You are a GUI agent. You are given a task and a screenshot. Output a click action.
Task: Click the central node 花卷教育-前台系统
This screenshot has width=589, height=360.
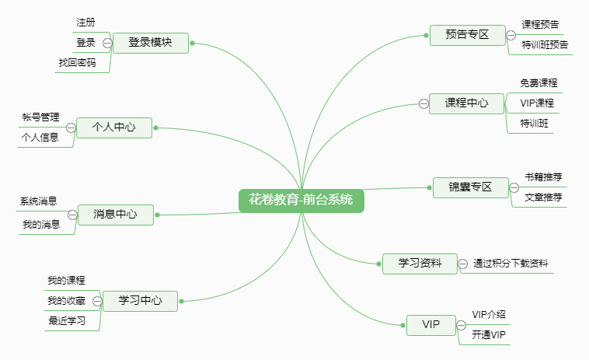(x=301, y=200)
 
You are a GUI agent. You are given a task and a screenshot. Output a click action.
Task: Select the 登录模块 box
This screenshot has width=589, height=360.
(x=150, y=43)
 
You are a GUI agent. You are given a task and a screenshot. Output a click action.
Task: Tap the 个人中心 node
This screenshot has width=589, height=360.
(x=113, y=128)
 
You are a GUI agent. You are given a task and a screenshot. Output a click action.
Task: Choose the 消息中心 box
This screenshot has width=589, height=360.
(x=115, y=214)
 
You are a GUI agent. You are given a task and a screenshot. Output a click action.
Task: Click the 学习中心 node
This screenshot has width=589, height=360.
(x=140, y=300)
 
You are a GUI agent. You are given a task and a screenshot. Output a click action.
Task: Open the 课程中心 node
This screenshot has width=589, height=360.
(x=466, y=103)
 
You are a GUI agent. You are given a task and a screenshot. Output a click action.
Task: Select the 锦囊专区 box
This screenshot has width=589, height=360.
(x=471, y=187)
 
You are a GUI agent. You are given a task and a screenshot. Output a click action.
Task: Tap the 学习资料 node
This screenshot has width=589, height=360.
(x=420, y=264)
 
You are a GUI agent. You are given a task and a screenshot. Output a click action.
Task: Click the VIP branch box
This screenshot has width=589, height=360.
(x=430, y=324)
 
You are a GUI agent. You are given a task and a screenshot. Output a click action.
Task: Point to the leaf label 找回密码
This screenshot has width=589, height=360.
(x=77, y=63)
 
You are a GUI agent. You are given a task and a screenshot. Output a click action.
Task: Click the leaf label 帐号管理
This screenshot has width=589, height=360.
(x=40, y=117)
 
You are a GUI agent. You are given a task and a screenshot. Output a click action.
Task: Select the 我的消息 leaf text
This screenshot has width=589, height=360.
(x=41, y=224)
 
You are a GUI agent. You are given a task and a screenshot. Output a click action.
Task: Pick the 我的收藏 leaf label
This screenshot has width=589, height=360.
(x=66, y=300)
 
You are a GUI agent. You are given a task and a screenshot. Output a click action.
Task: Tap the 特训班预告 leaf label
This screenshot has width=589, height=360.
(x=545, y=45)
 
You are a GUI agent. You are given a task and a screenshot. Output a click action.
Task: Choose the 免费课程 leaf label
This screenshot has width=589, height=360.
(x=538, y=82)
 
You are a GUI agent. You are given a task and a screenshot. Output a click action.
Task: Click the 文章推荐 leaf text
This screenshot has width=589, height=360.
(x=543, y=197)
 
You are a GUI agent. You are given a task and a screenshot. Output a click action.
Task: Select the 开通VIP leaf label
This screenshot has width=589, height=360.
(x=489, y=335)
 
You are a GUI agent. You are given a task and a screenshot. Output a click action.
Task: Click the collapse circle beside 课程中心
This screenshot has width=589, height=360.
(x=423, y=103)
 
